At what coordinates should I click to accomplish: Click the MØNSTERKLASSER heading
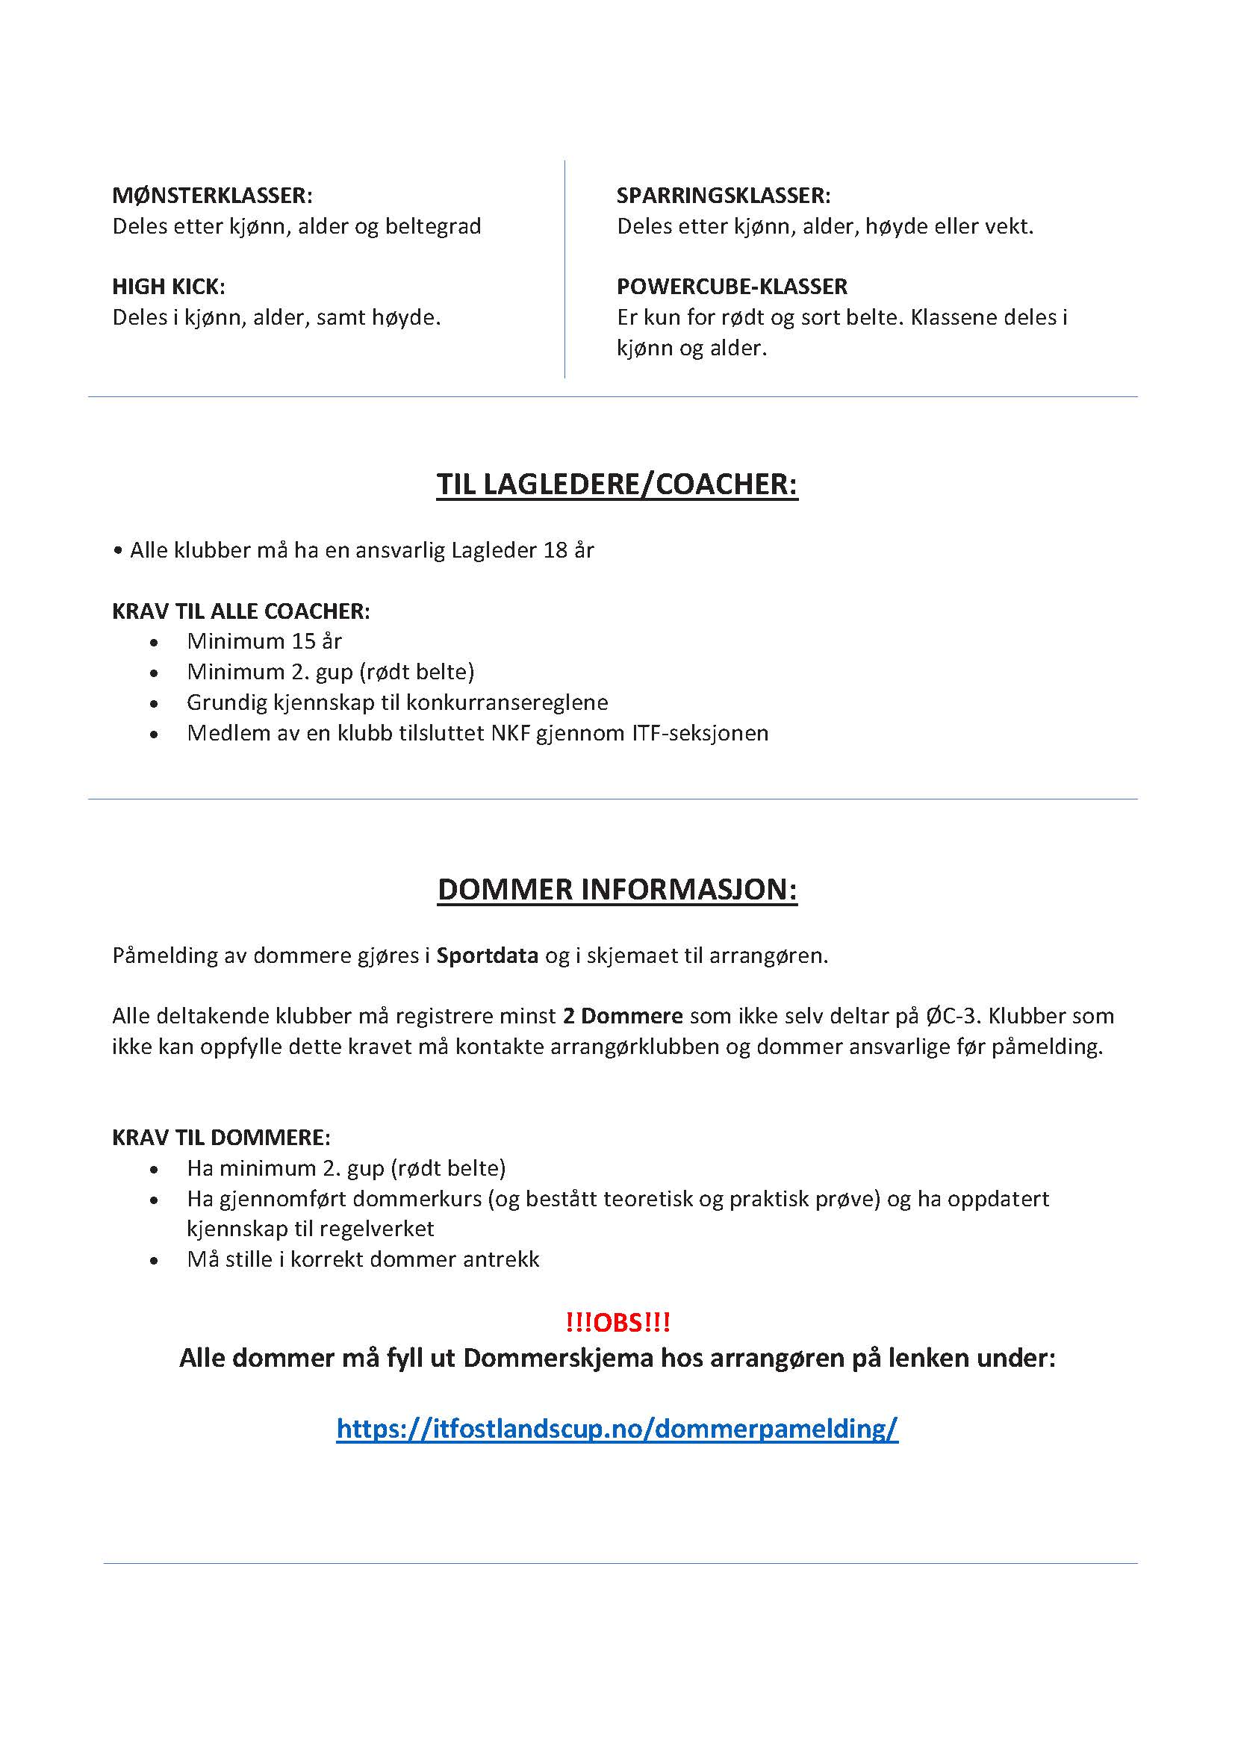tap(212, 196)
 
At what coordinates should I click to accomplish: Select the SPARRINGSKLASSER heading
tap(724, 196)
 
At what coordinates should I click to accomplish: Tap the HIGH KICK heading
tap(168, 287)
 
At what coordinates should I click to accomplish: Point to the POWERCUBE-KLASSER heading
tap(732, 287)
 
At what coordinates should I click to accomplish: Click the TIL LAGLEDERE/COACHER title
tap(617, 484)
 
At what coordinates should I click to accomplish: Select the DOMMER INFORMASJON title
tap(617, 890)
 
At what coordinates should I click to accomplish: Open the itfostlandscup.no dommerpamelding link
tap(617, 1428)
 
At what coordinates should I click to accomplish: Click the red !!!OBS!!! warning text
tap(617, 1323)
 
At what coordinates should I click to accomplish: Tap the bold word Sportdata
tap(487, 956)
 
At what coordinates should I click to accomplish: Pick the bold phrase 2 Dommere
tap(622, 1016)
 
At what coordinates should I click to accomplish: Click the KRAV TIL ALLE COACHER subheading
tap(241, 611)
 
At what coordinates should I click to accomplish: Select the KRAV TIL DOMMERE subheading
tap(221, 1138)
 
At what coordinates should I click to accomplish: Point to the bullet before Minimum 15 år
tap(155, 643)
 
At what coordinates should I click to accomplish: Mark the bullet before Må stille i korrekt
tap(155, 1261)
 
